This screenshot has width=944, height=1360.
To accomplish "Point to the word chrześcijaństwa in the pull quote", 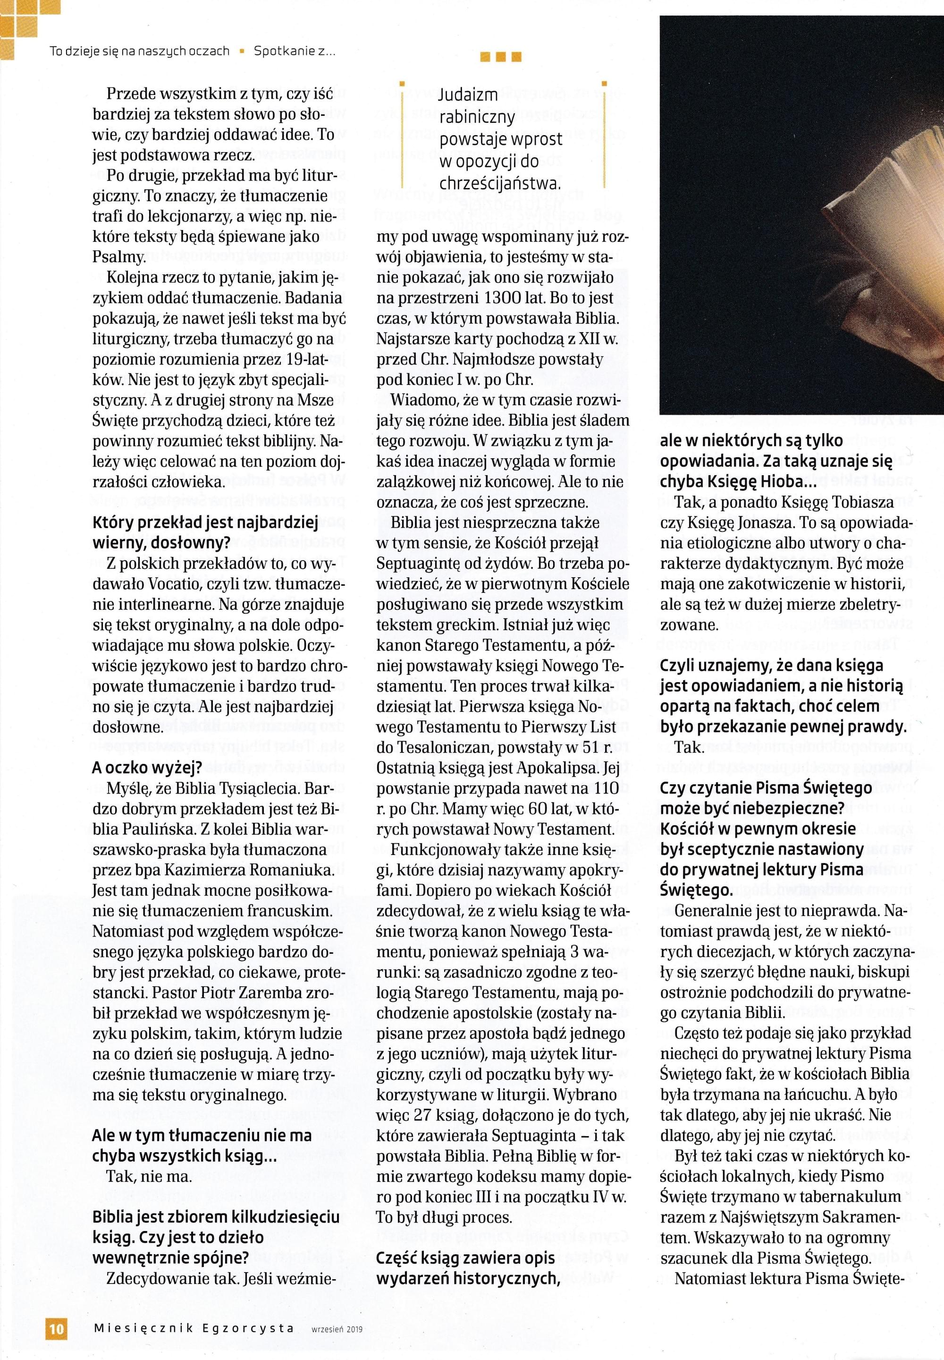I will [x=500, y=183].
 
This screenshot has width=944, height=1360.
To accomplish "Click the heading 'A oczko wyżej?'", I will [x=147, y=768].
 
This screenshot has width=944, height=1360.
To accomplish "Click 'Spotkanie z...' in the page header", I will [x=295, y=51].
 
